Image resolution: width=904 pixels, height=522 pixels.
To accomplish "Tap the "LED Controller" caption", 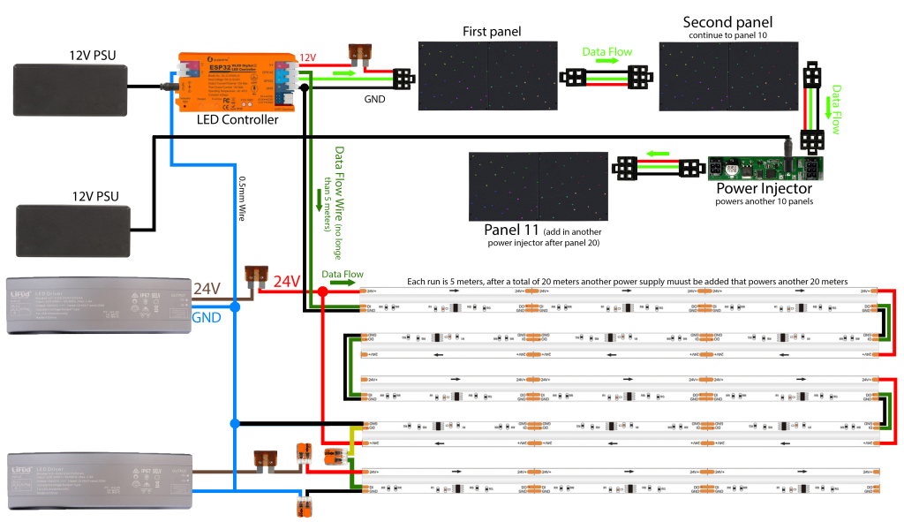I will [237, 119].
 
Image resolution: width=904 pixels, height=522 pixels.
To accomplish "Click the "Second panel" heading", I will [727, 21].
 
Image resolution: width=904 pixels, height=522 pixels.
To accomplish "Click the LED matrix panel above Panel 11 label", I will [539, 185].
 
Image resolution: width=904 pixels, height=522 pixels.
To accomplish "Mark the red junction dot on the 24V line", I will [322, 291].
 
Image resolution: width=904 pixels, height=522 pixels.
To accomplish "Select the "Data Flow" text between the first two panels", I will [607, 52].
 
